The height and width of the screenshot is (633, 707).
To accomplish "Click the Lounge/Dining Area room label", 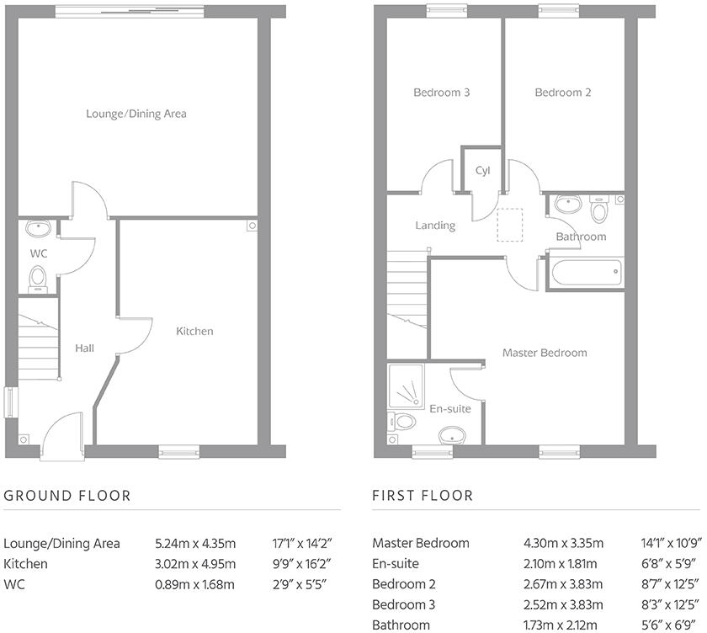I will [x=136, y=113].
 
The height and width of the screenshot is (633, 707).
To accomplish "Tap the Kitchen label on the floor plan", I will [x=194, y=331].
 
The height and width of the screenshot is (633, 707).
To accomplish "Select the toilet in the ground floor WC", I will [x=38, y=276].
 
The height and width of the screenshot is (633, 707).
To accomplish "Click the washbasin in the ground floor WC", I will [x=37, y=228].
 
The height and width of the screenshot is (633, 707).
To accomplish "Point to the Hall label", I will [x=84, y=348].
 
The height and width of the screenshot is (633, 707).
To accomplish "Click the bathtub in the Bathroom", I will [x=585, y=273].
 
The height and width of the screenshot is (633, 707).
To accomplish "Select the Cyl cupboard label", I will [x=482, y=170].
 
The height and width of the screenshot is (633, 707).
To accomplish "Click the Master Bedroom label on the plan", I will [x=545, y=353].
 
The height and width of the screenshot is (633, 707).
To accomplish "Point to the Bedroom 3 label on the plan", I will [x=441, y=93].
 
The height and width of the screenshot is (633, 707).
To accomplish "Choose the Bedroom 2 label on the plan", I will [x=563, y=93].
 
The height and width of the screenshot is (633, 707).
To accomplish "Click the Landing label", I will [x=435, y=226].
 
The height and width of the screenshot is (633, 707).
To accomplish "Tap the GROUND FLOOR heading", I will [x=67, y=496].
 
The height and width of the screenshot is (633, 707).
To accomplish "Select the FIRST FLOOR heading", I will [x=423, y=496].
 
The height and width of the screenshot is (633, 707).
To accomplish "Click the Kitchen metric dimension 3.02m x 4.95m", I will [x=195, y=564].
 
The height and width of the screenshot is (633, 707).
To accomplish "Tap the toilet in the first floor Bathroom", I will [x=599, y=208].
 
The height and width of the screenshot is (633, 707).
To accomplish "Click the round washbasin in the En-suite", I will [x=453, y=435].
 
